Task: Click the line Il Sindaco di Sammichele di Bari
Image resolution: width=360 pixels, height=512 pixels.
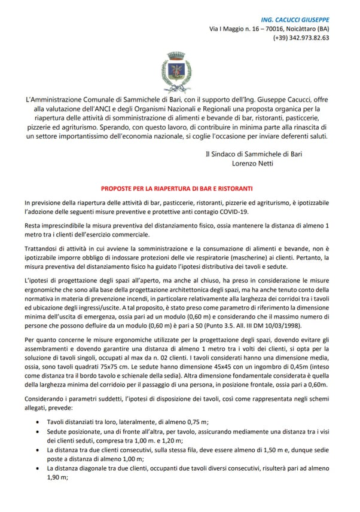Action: (253, 154)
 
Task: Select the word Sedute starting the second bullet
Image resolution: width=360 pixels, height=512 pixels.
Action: (57, 432)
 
